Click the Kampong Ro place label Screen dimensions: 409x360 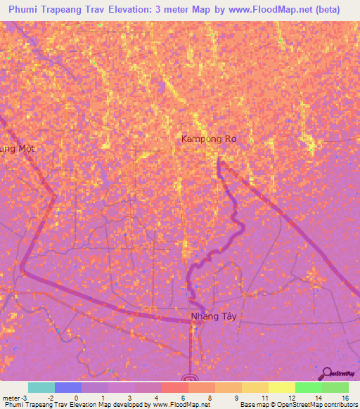tap(209, 139)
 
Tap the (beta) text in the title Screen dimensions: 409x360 tap(326, 10)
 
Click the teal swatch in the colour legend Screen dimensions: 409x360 tap(41, 387)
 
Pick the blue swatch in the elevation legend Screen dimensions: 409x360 tap(68, 387)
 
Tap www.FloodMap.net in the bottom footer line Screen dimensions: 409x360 tap(176, 405)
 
